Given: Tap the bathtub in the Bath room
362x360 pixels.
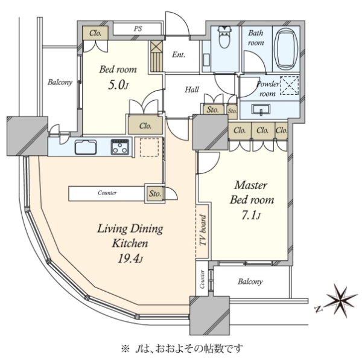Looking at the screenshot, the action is (x=286, y=49).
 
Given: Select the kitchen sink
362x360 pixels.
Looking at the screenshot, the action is (x=86, y=147).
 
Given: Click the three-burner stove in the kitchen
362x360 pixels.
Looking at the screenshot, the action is (x=120, y=147).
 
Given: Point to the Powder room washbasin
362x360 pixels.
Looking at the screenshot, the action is (x=261, y=109).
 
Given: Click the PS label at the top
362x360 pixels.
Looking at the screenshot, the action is (x=138, y=28).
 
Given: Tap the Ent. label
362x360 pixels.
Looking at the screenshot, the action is (x=179, y=54).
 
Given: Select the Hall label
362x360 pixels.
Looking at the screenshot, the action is (x=192, y=89).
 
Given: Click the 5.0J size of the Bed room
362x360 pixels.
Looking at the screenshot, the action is (x=118, y=85).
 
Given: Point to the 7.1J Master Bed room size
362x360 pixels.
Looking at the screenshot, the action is (x=251, y=216).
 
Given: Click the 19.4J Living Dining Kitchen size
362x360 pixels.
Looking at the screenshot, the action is (x=130, y=258).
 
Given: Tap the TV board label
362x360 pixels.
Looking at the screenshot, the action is (x=203, y=231).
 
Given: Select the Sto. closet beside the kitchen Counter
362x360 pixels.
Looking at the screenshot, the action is (x=154, y=193).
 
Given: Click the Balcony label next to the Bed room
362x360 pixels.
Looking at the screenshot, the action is (x=60, y=82).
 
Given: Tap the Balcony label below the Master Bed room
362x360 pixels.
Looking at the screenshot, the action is (x=250, y=281).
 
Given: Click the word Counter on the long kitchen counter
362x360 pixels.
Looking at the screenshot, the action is (x=107, y=193).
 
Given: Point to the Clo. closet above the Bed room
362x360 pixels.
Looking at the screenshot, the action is (x=95, y=33).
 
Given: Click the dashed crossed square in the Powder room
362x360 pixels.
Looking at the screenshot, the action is (x=289, y=85).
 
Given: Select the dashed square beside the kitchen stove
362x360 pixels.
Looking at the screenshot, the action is (x=149, y=147).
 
